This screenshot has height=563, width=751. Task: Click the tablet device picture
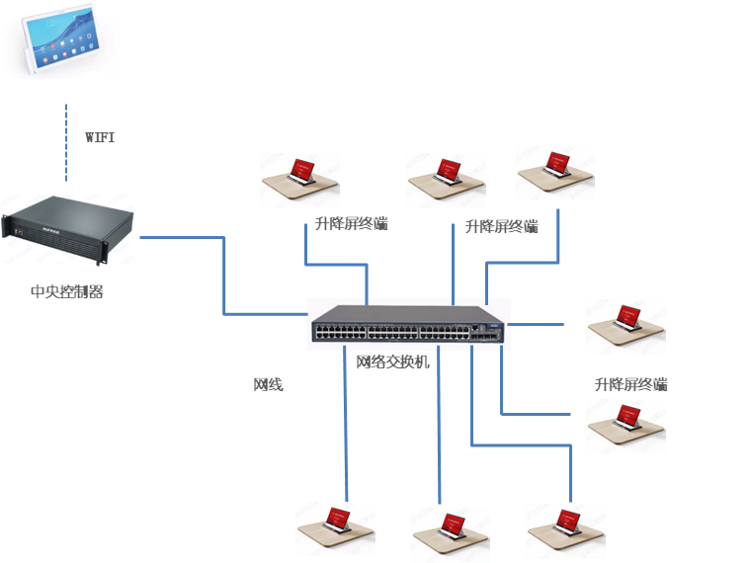point(61,39)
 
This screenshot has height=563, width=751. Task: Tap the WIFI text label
point(99,137)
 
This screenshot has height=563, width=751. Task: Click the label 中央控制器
point(67,291)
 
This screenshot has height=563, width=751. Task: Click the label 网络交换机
point(393,362)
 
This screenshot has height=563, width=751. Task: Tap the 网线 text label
point(269,384)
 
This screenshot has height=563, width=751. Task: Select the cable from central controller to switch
point(225,277)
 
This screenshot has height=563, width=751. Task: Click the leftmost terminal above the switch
point(300,180)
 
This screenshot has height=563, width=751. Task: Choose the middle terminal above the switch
point(447,180)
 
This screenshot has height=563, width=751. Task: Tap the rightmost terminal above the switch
point(556,173)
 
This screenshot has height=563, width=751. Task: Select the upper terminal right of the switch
point(626,326)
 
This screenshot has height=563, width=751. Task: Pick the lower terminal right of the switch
point(626,426)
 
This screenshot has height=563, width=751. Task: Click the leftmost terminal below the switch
point(336,528)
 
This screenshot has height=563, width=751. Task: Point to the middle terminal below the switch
point(452,534)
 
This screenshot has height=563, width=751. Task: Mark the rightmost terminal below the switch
point(566,530)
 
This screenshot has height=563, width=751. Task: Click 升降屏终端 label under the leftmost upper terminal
point(351,223)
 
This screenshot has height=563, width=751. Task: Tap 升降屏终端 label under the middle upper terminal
point(502,226)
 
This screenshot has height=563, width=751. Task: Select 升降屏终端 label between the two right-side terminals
point(631,383)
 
